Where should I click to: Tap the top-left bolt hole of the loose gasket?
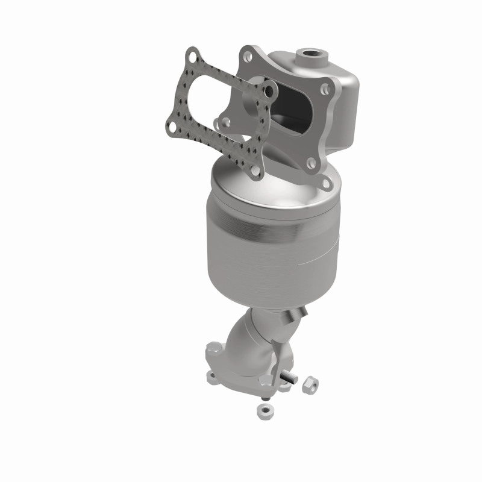tap(192, 57)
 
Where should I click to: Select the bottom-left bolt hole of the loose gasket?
tap(172, 127)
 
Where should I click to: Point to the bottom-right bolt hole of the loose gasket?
tap(255, 171)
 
